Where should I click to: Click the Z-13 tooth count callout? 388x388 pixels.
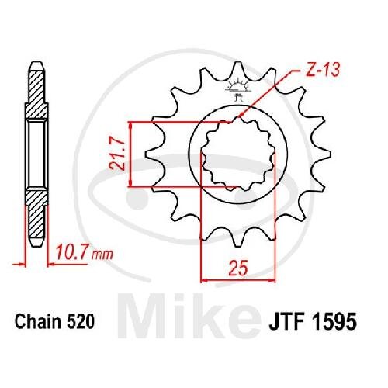322,70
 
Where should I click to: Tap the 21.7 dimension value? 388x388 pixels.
117,154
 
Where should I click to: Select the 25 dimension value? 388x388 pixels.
238,268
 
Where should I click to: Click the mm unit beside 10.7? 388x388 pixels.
103,255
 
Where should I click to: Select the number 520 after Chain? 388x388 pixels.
81,322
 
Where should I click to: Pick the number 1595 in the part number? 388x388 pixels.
334,322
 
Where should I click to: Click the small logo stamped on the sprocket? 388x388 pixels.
238,89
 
